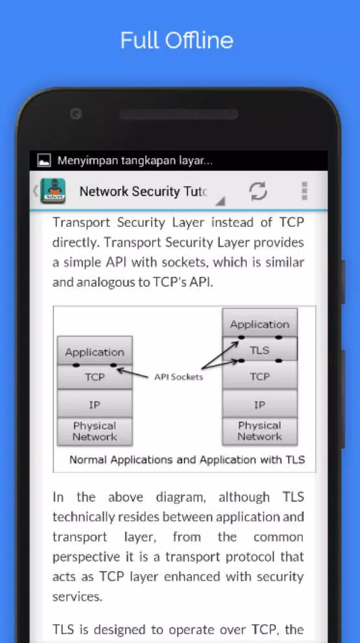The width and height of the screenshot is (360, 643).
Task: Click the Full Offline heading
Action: click(x=177, y=40)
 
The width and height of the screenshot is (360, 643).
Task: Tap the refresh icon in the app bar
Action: click(x=259, y=191)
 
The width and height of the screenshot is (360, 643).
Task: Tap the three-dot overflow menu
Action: click(x=304, y=191)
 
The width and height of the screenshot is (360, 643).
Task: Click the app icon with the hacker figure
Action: click(x=53, y=191)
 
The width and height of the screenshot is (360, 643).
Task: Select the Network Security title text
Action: click(x=144, y=192)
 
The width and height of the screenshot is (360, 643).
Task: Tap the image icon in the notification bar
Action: click(x=44, y=161)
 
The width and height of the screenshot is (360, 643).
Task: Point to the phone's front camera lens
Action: click(x=76, y=114)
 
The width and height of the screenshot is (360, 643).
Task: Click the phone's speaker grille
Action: click(x=179, y=114)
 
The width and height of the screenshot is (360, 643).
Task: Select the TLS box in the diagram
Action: click(x=259, y=350)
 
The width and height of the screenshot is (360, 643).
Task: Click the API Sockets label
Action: click(x=179, y=377)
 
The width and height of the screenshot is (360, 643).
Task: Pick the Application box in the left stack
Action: click(x=95, y=352)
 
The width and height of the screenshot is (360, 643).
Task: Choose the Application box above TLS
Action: click(x=259, y=324)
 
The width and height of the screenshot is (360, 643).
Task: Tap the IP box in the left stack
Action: click(x=95, y=405)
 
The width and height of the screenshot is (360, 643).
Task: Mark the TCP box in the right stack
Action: click(x=259, y=376)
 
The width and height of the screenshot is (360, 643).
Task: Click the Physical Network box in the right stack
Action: click(x=259, y=431)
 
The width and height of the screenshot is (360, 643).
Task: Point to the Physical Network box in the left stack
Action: click(x=95, y=432)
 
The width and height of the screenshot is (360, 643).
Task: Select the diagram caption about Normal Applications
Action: click(x=187, y=460)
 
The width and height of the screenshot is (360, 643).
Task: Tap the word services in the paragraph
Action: click(x=77, y=596)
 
